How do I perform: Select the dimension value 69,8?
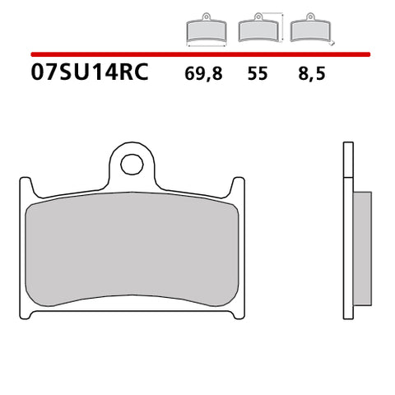coord(202,75)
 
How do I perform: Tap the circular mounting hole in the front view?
coord(131,165)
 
